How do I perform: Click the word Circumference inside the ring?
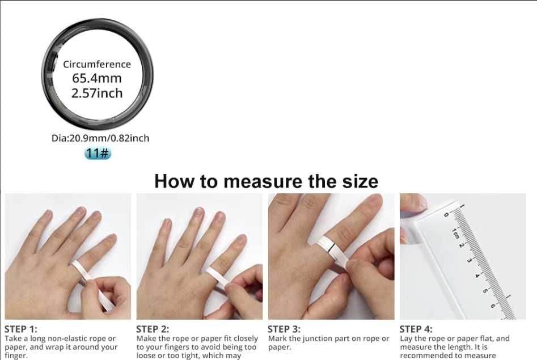tap(97, 65)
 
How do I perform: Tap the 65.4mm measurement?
tap(97, 78)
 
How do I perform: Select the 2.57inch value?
tap(97, 93)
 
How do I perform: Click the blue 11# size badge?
tap(98, 153)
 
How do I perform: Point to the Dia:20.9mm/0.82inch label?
tap(100, 138)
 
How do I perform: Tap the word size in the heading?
tap(360, 181)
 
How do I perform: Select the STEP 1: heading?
tap(20, 329)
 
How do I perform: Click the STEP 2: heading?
tap(153, 329)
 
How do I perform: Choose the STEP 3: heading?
tap(284, 329)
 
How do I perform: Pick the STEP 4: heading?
tap(416, 329)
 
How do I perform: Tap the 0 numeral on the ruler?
tap(446, 215)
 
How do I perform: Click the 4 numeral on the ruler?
tap(477, 276)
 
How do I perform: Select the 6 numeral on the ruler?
tap(493, 305)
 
